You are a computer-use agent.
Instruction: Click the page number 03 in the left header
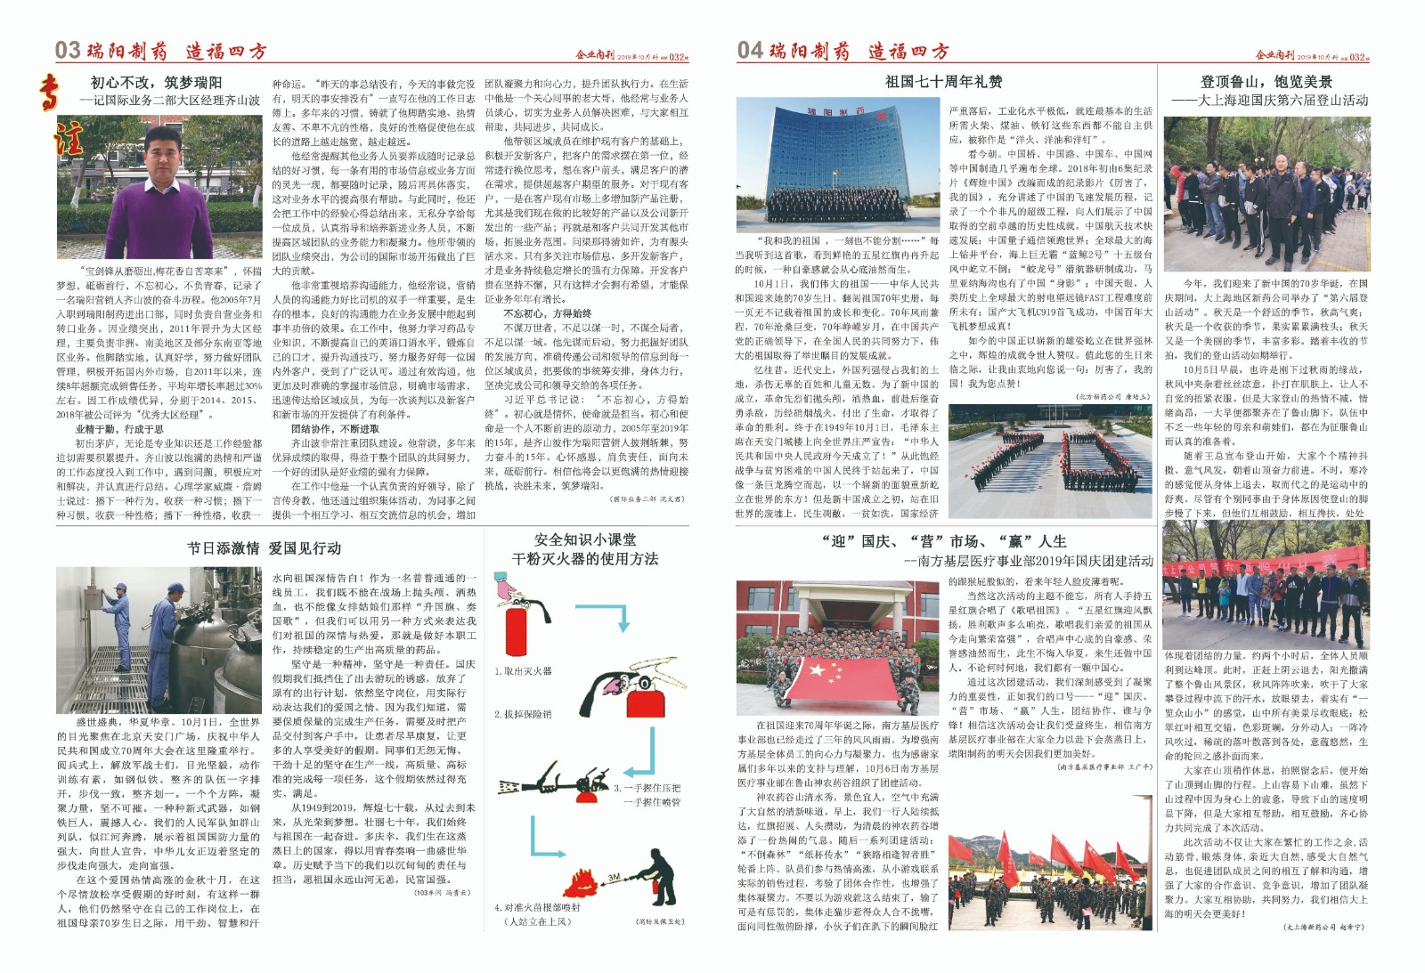click(68, 50)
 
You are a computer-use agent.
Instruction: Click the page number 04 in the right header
click(750, 50)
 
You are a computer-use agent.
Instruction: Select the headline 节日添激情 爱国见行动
click(264, 547)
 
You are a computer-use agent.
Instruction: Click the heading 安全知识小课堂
click(585, 539)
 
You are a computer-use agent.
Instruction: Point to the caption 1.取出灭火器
click(524, 670)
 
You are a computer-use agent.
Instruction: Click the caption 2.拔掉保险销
click(524, 713)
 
